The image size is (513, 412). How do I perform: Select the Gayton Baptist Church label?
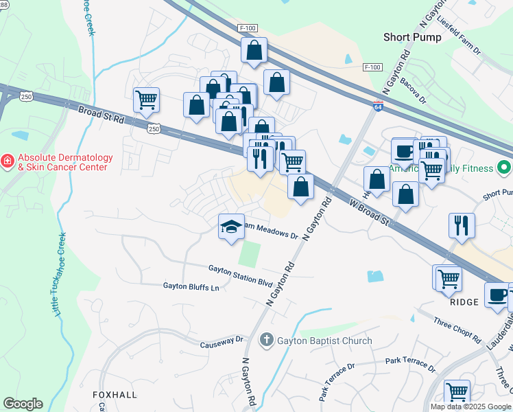pyautogui.click(x=324, y=341)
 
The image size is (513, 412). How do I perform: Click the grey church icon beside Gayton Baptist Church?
pyautogui.click(x=267, y=340)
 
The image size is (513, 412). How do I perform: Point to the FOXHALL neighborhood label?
pyautogui.click(x=115, y=395)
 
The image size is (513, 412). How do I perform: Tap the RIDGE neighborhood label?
pyautogui.click(x=464, y=301)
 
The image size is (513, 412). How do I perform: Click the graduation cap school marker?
pyautogui.click(x=232, y=226)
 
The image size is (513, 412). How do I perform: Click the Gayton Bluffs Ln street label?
pyautogui.click(x=191, y=286)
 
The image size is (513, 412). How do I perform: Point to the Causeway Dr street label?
pyautogui.click(x=222, y=341)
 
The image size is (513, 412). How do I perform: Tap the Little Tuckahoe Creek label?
pyautogui.click(x=60, y=275)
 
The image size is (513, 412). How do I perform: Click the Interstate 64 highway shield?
pyautogui.click(x=378, y=106)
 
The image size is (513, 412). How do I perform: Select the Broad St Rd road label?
pyautogui.click(x=102, y=115)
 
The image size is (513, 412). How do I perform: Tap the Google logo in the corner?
pyautogui.click(x=23, y=404)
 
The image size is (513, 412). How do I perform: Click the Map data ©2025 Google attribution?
pyautogui.click(x=470, y=407)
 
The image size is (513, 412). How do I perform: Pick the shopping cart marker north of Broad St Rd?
pyautogui.click(x=146, y=100)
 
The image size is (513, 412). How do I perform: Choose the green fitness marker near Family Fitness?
pyautogui.click(x=504, y=168)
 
